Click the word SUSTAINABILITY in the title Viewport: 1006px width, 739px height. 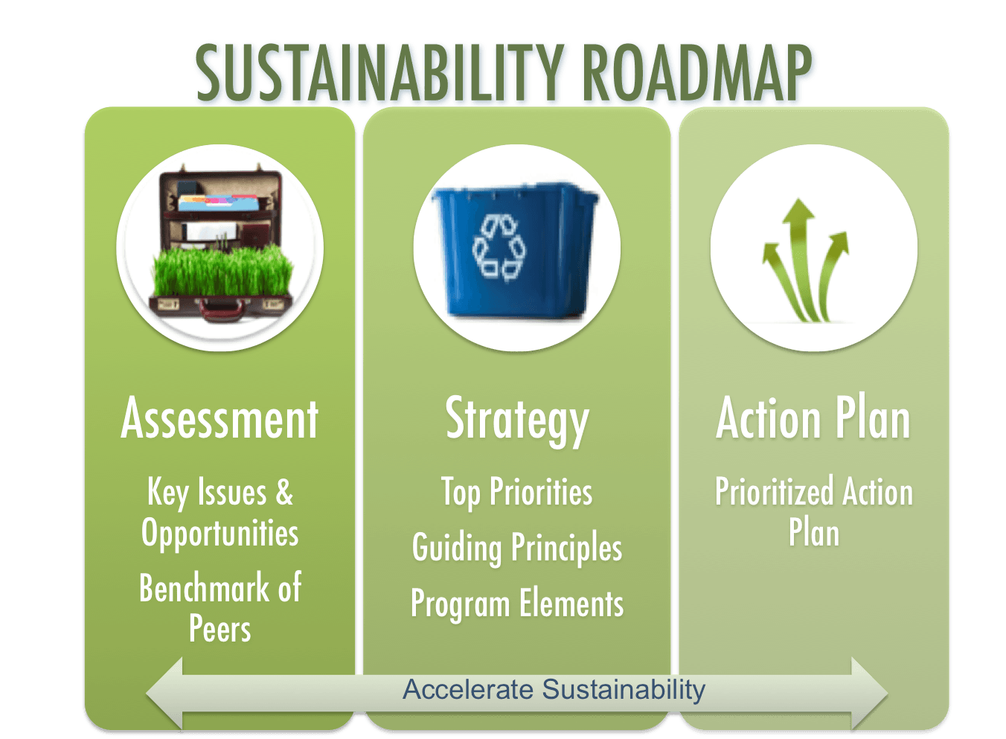point(380,73)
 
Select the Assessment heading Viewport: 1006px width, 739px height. point(220,418)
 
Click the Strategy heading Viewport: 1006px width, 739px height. point(517,421)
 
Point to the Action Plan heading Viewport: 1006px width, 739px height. point(813,418)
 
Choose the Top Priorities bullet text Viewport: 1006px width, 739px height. point(517,493)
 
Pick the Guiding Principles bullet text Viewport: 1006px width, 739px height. point(517,548)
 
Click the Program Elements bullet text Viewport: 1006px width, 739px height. point(517,604)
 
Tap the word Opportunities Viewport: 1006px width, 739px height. point(220,534)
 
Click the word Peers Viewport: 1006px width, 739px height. point(220,628)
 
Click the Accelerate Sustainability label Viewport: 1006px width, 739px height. point(554,690)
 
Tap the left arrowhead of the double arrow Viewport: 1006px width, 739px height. point(164,693)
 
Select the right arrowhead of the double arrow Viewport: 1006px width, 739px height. point(870,693)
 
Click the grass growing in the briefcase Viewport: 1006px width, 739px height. point(223,272)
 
